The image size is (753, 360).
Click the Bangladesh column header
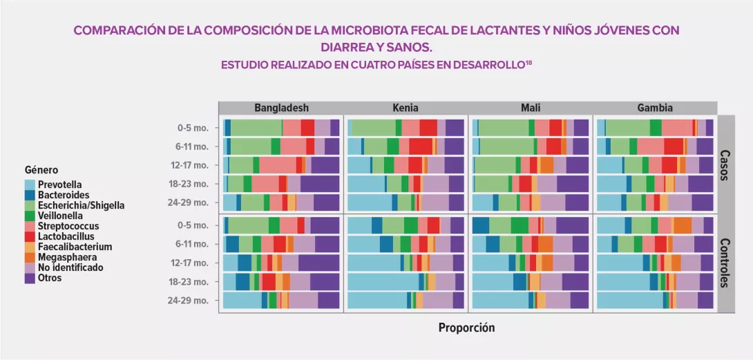point(281,108)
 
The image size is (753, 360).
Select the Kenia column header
point(406,108)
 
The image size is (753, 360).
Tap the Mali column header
point(531,108)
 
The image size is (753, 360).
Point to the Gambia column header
point(656,108)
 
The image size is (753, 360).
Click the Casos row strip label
point(725,164)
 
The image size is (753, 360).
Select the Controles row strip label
point(725,263)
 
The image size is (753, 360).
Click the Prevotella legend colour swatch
point(30,185)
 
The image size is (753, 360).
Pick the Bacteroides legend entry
point(60,196)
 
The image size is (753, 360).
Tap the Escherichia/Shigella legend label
point(82,205)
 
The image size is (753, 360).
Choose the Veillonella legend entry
point(60,216)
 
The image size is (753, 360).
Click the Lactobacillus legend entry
point(65,236)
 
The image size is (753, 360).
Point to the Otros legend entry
point(50,278)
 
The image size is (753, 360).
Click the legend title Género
point(41,170)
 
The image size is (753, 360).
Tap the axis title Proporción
point(466,328)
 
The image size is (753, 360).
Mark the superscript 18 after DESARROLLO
point(529,62)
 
